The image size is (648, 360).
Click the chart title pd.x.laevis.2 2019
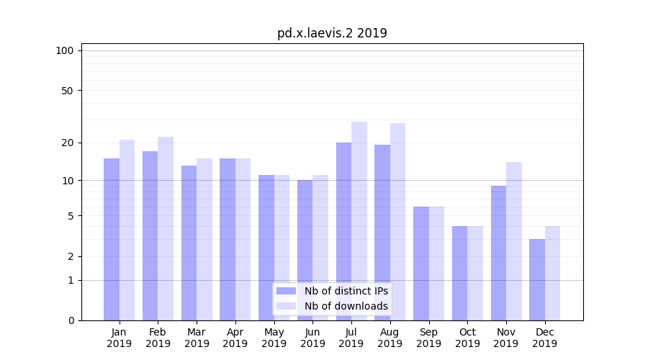332,33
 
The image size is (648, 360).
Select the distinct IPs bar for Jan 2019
112,239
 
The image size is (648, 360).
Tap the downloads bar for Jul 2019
359,221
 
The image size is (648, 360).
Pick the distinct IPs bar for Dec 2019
537,279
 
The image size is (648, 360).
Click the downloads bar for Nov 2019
514,241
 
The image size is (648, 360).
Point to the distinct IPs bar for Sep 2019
421,264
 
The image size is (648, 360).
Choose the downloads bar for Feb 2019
166,228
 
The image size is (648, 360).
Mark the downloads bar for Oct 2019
475,273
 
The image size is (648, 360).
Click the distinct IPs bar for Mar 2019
189,243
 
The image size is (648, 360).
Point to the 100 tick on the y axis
65,50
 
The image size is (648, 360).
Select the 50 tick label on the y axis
67,91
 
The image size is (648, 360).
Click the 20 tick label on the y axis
67,143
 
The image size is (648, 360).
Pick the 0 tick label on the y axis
71,320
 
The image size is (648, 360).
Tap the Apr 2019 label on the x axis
235,338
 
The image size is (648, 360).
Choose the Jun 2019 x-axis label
312,338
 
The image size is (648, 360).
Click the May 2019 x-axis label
274,338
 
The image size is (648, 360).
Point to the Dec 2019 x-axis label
545,338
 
